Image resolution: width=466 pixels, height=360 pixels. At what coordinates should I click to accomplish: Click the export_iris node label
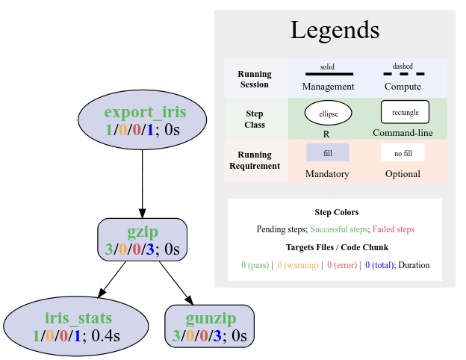pyautogui.click(x=144, y=114)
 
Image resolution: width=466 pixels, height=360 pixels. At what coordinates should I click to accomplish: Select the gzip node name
pyautogui.click(x=142, y=232)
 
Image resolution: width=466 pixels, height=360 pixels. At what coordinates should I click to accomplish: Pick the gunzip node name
pyautogui.click(x=210, y=318)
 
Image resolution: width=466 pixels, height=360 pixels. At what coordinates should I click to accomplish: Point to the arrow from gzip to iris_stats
pyautogui.click(x=113, y=279)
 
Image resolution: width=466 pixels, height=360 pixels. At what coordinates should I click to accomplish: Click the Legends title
pyautogui.click(x=335, y=31)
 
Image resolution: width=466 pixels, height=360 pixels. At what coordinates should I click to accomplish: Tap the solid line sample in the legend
pyautogui.click(x=329, y=74)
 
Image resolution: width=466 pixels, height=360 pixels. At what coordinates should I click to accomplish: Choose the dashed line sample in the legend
pyautogui.click(x=403, y=74)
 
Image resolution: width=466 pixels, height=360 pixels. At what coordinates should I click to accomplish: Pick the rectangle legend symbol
pyautogui.click(x=405, y=112)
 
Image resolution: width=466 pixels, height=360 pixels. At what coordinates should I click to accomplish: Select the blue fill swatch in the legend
pyautogui.click(x=327, y=152)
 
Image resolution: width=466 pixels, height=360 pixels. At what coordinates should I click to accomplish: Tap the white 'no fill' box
pyautogui.click(x=403, y=152)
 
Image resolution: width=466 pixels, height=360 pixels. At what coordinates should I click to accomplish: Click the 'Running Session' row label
pyautogui.click(x=255, y=79)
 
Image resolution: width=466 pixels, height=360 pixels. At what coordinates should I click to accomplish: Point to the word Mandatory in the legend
pyautogui.click(x=327, y=174)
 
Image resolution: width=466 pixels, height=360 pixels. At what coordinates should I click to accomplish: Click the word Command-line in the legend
pyautogui.click(x=403, y=134)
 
